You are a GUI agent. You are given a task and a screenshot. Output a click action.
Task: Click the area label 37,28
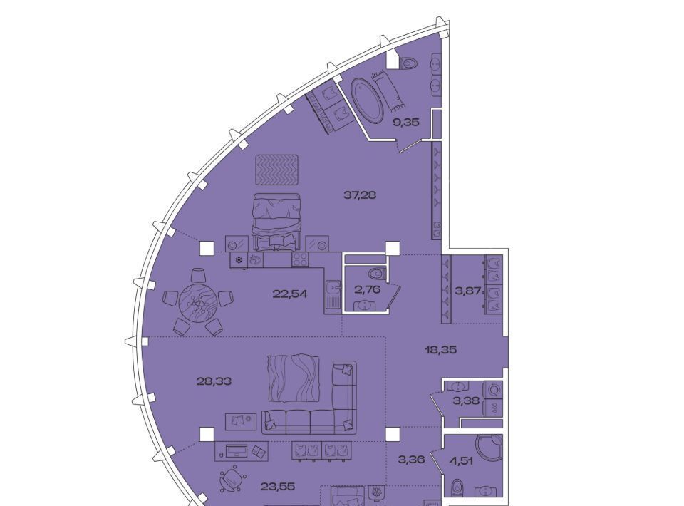(360, 195)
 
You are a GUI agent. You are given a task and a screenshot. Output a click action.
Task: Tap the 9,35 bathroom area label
(406, 122)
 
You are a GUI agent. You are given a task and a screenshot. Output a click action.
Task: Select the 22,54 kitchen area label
(290, 294)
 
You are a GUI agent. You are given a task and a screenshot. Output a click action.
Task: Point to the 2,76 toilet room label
(368, 289)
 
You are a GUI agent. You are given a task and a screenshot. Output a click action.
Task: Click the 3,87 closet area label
(468, 291)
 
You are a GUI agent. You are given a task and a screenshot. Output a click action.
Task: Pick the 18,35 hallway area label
(441, 349)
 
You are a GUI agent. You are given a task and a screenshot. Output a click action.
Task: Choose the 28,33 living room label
(214, 381)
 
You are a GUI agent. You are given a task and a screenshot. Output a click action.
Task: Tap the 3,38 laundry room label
(467, 401)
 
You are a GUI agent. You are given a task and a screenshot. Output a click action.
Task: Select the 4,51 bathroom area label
(461, 460)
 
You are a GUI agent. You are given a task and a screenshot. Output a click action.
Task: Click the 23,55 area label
(278, 486)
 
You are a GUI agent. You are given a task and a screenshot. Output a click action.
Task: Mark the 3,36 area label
(411, 459)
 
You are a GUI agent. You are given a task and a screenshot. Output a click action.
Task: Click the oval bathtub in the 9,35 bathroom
(366, 100)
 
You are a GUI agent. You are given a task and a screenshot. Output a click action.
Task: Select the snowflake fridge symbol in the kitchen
(239, 260)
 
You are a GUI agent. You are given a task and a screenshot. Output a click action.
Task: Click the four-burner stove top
(300, 259)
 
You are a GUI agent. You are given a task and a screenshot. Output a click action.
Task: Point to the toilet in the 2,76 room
(378, 274)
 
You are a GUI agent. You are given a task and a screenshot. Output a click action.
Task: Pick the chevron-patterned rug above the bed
(277, 170)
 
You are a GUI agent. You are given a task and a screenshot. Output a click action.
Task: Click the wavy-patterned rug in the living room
(292, 378)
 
